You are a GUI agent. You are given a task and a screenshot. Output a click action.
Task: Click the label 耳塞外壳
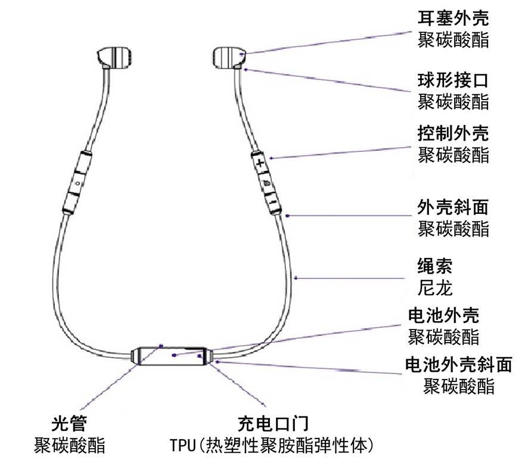453,18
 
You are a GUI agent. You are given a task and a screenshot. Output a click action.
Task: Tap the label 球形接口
453,80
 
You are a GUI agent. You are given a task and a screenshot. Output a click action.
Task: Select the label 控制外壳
453,133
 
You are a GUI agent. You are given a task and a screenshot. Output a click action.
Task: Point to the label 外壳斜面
453,207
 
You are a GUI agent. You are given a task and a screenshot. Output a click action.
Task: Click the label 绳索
435,266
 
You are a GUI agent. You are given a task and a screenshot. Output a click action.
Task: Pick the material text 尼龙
435,288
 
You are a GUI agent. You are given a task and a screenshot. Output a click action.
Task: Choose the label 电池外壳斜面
459,365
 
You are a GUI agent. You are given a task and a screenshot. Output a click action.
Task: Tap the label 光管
69,424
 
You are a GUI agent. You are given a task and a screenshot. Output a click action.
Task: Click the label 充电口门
273,424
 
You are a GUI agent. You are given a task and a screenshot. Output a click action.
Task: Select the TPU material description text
272,445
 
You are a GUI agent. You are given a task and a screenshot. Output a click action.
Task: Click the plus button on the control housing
259,164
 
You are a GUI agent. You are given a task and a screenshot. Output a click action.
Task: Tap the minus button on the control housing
272,203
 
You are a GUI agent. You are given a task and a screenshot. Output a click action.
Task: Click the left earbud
114,58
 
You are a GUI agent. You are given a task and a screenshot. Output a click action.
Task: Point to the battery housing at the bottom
172,356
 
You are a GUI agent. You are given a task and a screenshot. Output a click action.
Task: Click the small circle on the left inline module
78,183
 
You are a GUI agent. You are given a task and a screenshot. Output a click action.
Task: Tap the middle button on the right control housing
266,183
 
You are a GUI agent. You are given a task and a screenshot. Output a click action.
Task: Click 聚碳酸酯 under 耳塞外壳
453,40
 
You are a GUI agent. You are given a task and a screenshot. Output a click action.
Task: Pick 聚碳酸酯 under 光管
69,445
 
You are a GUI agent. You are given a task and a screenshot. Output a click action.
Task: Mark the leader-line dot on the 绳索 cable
296,278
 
